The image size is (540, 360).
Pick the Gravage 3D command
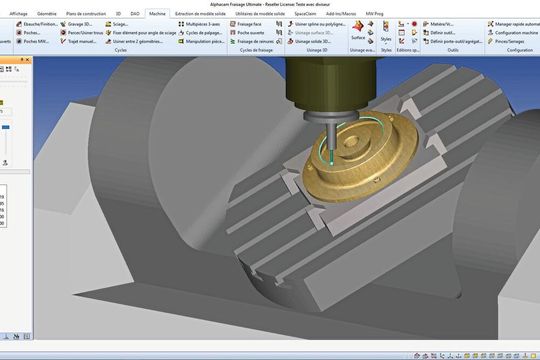[x=84, y=22]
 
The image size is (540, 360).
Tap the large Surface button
[x=358, y=36]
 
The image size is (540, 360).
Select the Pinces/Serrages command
[x=504, y=41]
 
